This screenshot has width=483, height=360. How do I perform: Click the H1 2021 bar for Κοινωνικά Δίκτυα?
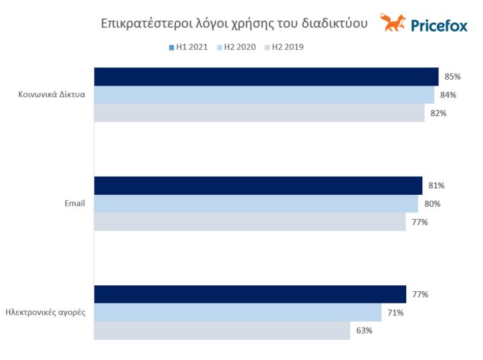(x=266, y=77)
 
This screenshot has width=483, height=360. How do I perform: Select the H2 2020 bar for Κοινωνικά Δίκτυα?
(x=264, y=95)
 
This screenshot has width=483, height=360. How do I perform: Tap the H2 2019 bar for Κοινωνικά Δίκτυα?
(x=259, y=113)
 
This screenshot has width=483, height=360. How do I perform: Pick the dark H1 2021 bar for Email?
(x=258, y=185)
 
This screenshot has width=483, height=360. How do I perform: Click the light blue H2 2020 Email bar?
(x=256, y=204)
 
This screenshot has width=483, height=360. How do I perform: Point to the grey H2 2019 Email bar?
(x=250, y=222)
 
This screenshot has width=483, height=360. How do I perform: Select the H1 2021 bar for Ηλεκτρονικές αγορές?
(x=250, y=295)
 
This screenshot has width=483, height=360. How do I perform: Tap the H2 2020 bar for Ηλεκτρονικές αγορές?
(x=238, y=313)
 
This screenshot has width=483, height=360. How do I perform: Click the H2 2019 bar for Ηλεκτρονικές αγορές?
(x=222, y=331)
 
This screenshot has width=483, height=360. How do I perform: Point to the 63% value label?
(x=364, y=331)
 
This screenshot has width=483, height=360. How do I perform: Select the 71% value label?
(x=396, y=313)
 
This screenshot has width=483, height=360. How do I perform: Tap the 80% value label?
(x=432, y=204)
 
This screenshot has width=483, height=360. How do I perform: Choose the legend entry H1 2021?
(x=188, y=47)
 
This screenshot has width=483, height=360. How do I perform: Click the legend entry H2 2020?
(x=236, y=47)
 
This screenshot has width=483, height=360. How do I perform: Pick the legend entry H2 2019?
(x=286, y=47)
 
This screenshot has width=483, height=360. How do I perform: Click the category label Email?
(x=74, y=204)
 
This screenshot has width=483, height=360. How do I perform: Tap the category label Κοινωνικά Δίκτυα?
(x=51, y=95)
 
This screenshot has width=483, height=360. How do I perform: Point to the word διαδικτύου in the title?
(x=335, y=24)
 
